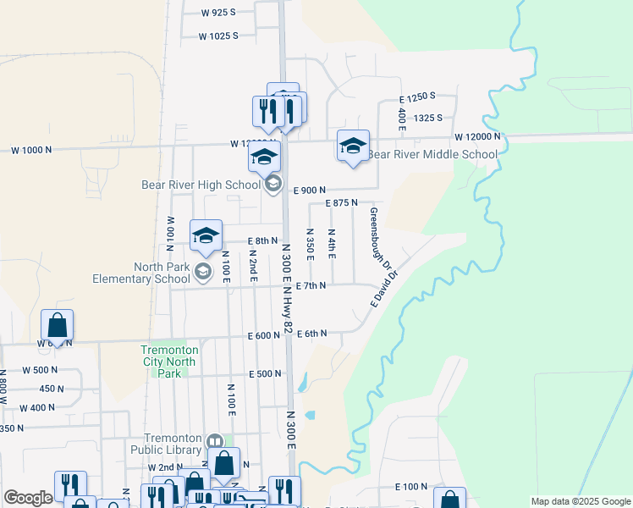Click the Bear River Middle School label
432,155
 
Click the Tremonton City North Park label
169,361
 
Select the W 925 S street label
218,13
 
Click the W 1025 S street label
218,36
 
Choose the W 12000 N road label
477,136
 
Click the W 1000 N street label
31,150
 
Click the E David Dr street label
383,288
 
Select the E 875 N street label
341,203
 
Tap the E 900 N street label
310,190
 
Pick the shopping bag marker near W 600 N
57,325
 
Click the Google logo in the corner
28,498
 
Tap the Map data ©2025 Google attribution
580,501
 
